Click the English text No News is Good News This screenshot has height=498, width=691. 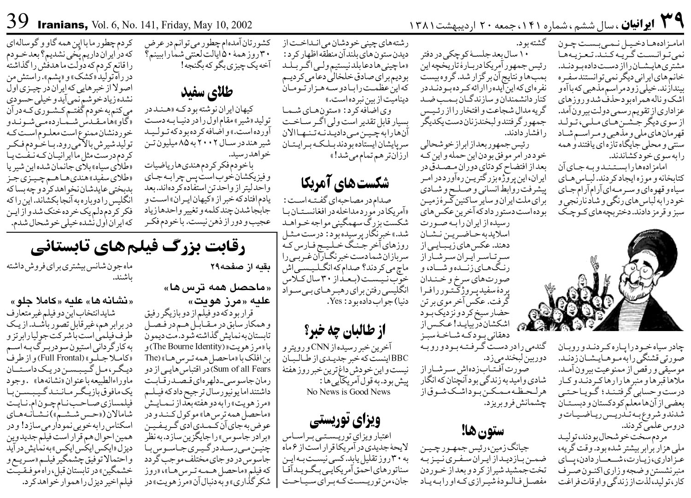(x=348, y=392)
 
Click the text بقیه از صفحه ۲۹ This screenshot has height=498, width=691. (x=253, y=266)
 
